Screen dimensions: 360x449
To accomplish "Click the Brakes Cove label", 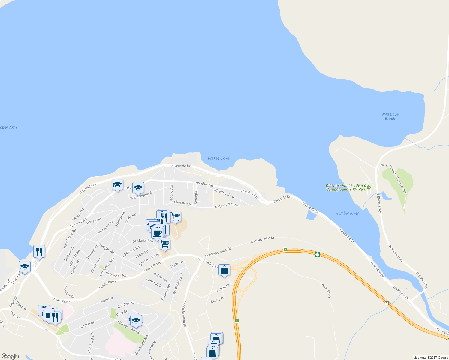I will pos(218,158).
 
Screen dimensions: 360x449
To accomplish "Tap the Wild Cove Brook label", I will pos(390,116).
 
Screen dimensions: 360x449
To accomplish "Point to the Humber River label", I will pos(347,213).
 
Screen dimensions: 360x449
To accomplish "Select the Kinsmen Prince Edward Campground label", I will pos(346,187).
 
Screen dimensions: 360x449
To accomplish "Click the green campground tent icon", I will pos(369,187).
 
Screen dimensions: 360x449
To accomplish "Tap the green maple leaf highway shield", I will pos(317,255).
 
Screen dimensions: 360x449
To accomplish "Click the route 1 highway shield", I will pos(387,303).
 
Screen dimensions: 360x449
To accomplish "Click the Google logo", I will pos(10,356).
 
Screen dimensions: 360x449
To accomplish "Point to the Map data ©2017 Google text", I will pos(430,358).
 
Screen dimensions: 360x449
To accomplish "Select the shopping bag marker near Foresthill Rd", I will pos(224,270).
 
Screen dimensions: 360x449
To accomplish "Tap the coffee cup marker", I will pos(157,233).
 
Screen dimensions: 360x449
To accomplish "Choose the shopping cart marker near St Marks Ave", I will pos(164,244).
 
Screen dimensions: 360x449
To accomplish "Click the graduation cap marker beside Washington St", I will pos(138,188).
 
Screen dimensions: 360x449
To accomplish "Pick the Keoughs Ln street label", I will pos(196,195).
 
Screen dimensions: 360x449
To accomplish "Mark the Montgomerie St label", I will pos(129,327).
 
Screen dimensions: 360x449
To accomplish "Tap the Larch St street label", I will pos(217,300).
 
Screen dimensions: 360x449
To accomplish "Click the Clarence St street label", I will pos(183,203).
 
